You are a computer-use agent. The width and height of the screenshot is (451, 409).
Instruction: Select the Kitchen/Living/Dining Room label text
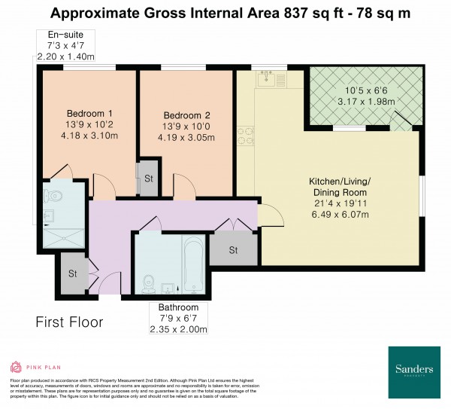point(340,188)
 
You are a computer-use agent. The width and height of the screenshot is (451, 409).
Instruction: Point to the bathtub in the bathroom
point(193,265)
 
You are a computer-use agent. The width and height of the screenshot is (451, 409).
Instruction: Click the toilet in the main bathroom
point(148,284)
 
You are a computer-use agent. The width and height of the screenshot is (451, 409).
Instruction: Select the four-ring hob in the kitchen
point(245,136)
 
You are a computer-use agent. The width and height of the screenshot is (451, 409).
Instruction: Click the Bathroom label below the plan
point(178,307)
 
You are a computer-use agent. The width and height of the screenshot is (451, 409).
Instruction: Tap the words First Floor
point(70,322)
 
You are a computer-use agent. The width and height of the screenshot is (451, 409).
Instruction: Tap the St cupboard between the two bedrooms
point(149,179)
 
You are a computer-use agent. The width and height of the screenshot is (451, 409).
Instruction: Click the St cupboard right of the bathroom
point(234,249)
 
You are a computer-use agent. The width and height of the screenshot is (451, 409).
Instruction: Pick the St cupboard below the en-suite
point(73,273)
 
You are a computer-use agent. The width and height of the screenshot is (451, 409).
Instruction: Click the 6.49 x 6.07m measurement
point(340,215)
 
